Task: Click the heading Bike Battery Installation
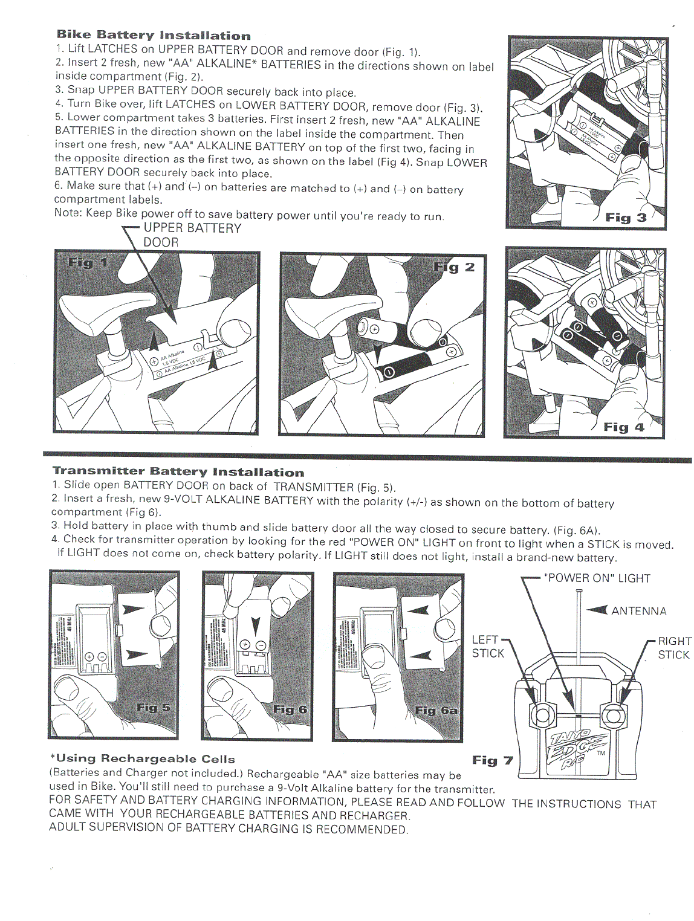pyautogui.click(x=154, y=35)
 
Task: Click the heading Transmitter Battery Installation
pyautogui.click(x=178, y=471)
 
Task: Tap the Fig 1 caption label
pyautogui.click(x=88, y=263)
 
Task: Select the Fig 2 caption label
pyautogui.click(x=454, y=267)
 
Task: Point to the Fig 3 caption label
pyautogui.click(x=626, y=218)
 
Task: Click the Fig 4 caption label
pyautogui.click(x=623, y=427)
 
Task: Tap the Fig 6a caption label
pyautogui.click(x=436, y=710)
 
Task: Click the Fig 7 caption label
pyautogui.click(x=492, y=760)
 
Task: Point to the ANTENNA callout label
pyautogui.click(x=638, y=611)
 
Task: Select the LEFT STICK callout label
pyautogui.click(x=487, y=646)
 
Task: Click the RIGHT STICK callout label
pyautogui.click(x=674, y=647)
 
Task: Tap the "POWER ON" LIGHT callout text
pyautogui.click(x=597, y=578)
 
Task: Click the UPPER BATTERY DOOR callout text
pyautogui.click(x=192, y=235)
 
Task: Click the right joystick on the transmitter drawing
pyautogui.click(x=612, y=716)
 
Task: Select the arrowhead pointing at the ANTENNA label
pyautogui.click(x=597, y=610)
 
